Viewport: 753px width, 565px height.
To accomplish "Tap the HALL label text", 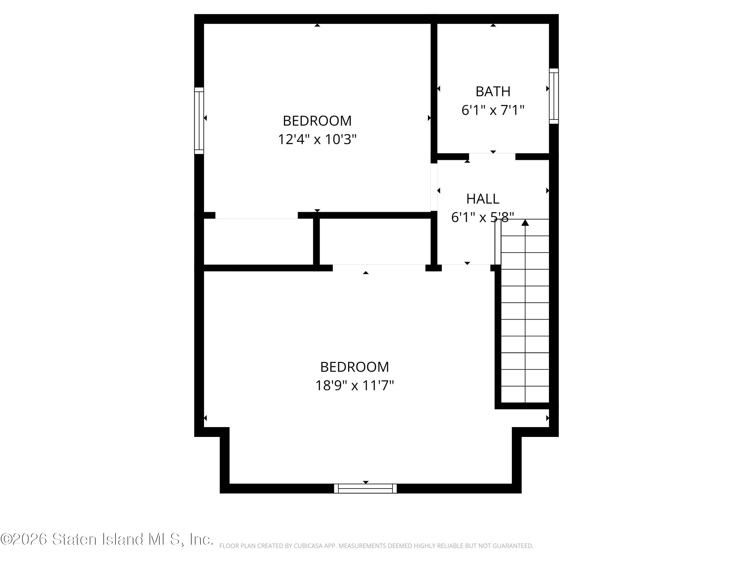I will point(482,199).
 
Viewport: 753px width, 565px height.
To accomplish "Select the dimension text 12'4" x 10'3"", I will point(317,139).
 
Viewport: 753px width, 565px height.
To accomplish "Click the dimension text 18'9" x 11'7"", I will point(354,385).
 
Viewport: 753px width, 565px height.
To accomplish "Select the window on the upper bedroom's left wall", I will point(199,121).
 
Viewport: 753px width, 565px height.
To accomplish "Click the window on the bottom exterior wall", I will point(365,488).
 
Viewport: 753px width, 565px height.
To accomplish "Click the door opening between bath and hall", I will point(492,157).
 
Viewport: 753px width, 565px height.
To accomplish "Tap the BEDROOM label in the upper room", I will point(317,121).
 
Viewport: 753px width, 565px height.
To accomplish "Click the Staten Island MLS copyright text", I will point(107,539).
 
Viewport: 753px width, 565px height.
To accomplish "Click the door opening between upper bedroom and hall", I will point(434,187).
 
